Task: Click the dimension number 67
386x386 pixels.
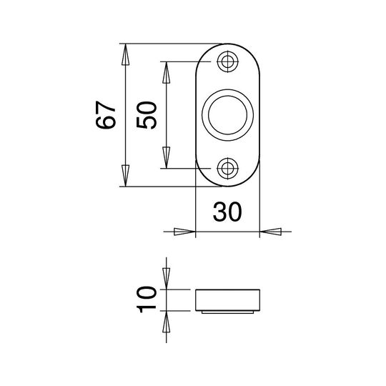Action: (106, 114)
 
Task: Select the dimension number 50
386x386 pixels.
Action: (147, 115)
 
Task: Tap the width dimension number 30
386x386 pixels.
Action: (227, 212)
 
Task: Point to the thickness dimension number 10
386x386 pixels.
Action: (147, 300)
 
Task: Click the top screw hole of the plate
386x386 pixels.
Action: (228, 61)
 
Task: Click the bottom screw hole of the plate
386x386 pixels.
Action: (228, 169)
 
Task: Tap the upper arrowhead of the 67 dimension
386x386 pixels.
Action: (126, 54)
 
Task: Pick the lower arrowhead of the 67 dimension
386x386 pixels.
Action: (126, 176)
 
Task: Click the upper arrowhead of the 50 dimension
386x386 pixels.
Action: (167, 72)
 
